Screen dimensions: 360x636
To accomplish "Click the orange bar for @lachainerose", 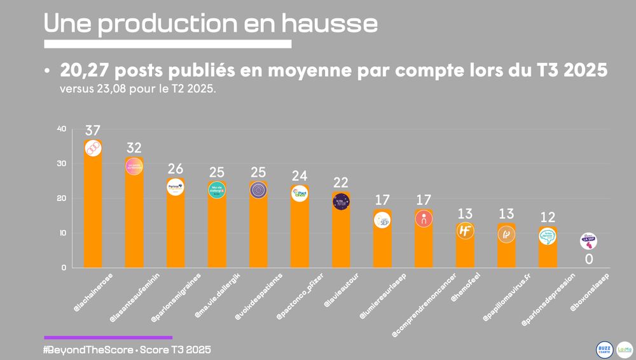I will [x=93, y=210].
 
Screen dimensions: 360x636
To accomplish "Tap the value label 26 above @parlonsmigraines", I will [x=176, y=169].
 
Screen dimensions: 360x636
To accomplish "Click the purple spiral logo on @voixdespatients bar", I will [x=258, y=190].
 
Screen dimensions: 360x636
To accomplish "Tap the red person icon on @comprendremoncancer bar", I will [x=424, y=218].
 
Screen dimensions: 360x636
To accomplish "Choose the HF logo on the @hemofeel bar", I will [x=465, y=231].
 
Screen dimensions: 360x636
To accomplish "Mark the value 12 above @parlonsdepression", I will [x=548, y=217].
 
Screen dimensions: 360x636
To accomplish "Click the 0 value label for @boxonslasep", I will [x=589, y=259].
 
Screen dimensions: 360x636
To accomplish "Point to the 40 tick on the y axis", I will [x=61, y=129].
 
